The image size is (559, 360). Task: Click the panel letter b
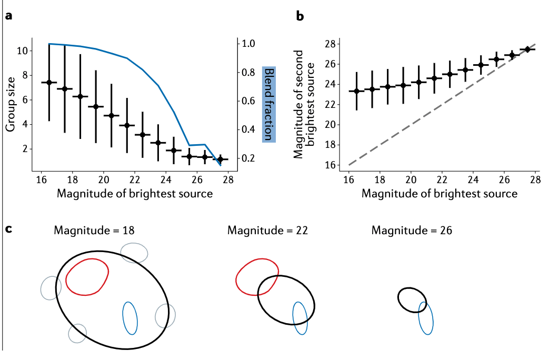(x=300, y=16)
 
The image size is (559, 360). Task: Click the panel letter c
(x=8, y=230)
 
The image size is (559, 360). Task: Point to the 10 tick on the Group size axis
(x=22, y=51)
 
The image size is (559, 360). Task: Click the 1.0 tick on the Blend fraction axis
(x=249, y=44)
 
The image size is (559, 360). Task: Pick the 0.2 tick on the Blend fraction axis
(x=249, y=158)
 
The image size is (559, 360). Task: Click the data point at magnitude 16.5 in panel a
(x=49, y=82)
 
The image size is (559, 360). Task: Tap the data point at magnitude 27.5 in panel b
(x=527, y=49)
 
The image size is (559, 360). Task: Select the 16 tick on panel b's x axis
(x=348, y=180)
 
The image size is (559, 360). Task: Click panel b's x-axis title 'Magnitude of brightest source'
(x=440, y=194)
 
